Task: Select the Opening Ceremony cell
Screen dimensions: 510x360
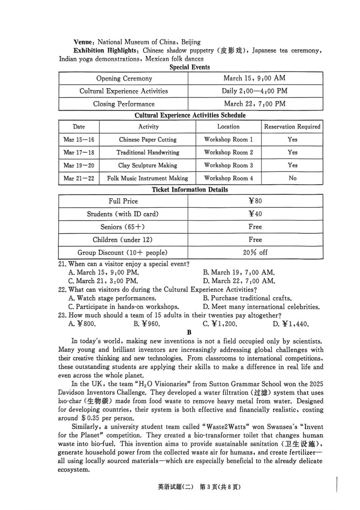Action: (x=124, y=78)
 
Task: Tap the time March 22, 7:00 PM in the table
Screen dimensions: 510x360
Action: (x=255, y=104)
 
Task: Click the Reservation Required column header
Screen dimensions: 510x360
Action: (x=292, y=127)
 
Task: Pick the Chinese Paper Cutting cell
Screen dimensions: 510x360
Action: (x=147, y=140)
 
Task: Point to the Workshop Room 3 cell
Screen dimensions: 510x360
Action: (x=228, y=165)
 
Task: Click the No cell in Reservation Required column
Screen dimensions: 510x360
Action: (x=292, y=178)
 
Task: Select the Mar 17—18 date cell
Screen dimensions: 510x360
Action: (x=79, y=152)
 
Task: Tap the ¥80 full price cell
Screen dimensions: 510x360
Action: (x=255, y=201)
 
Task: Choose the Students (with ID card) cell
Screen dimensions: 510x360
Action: (x=123, y=214)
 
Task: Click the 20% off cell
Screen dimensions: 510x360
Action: (x=255, y=253)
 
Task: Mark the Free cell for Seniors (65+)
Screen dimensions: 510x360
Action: (x=255, y=227)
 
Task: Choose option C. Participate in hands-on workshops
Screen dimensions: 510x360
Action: (x=124, y=307)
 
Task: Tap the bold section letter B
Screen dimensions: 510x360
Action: (x=189, y=333)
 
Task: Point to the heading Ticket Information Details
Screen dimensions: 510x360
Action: (x=190, y=190)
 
